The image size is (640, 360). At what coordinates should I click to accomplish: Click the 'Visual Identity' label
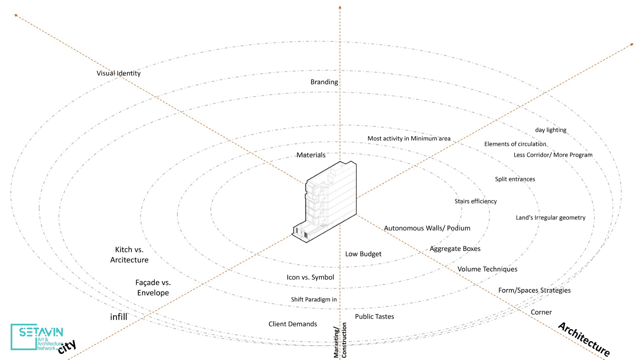(x=118, y=73)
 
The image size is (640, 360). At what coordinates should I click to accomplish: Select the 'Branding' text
(x=324, y=82)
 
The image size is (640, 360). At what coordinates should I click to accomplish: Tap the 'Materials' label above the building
(x=311, y=155)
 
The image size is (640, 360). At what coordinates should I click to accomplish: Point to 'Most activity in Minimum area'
(x=409, y=138)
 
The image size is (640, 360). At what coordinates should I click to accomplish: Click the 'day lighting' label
(x=551, y=130)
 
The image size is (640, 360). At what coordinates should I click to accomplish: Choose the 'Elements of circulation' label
(x=515, y=144)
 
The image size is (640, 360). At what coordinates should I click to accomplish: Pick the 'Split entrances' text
(x=515, y=179)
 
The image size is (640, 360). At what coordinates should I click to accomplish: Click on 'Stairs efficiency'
(x=475, y=201)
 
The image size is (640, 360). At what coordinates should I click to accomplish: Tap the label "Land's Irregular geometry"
(x=550, y=218)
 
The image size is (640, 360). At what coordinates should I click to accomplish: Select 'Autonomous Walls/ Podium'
(x=427, y=228)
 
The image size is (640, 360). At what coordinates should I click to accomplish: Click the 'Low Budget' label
(x=363, y=254)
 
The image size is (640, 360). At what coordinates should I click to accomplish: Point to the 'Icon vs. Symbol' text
(x=310, y=277)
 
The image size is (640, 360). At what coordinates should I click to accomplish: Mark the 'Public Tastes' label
(x=374, y=317)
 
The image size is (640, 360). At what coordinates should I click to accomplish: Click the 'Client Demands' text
(x=293, y=324)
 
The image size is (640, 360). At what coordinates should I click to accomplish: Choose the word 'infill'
(x=119, y=317)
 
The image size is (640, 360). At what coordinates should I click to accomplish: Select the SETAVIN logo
(x=37, y=337)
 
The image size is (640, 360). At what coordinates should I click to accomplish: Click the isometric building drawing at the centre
(x=328, y=200)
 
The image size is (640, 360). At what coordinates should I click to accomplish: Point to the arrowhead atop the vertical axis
(x=340, y=7)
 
